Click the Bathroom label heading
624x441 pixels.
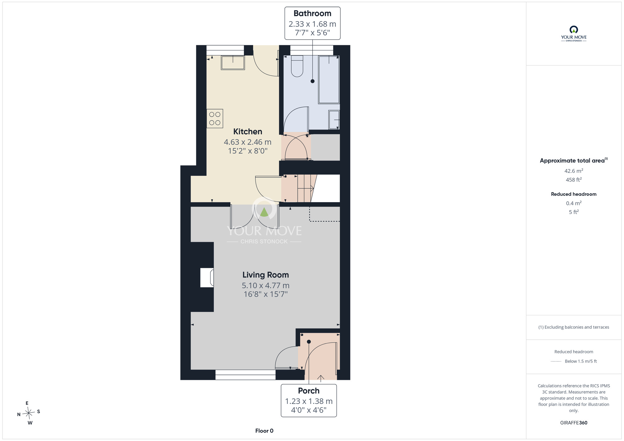(312, 13)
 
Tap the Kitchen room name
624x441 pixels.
(248, 132)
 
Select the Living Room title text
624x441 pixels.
(266, 275)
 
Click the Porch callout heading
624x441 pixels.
(309, 391)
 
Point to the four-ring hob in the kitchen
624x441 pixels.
(215, 119)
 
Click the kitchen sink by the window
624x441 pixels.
(233, 63)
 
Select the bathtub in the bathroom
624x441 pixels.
(329, 80)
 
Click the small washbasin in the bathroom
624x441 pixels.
(334, 119)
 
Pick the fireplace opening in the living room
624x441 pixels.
(207, 277)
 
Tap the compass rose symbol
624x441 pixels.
(29, 413)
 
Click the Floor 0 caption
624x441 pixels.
(264, 431)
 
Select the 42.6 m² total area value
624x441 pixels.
(574, 171)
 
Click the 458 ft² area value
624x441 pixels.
(574, 180)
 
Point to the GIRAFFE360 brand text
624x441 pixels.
(574, 423)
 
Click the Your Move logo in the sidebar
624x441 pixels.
(574, 34)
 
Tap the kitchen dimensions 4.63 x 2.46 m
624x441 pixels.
(248, 142)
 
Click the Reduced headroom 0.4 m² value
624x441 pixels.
(574, 203)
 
